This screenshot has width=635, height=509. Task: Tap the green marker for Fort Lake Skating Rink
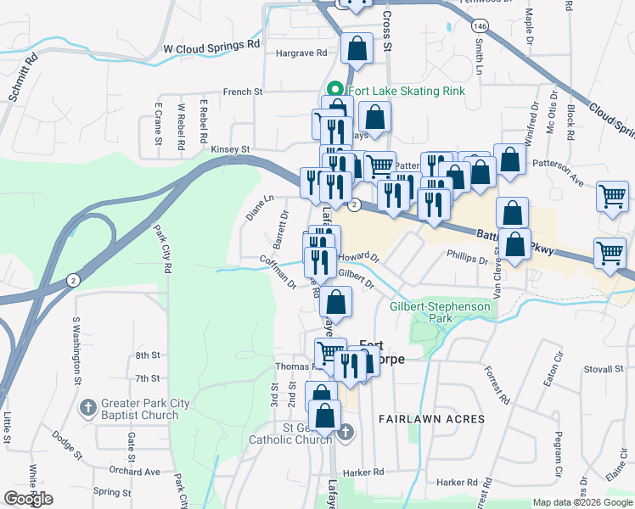pos(335,89)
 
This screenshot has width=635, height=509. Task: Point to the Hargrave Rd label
pos(301,53)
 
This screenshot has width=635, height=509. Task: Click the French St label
pos(244,91)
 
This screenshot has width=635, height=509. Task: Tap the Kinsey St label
pos(230,148)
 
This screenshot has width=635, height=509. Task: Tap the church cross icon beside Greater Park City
pos(87,408)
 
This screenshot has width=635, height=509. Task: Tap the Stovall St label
pos(604,370)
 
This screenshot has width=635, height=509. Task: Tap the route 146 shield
pos(481,25)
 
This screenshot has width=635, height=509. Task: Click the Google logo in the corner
pos(28,499)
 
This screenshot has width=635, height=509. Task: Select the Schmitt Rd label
pos(24,79)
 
